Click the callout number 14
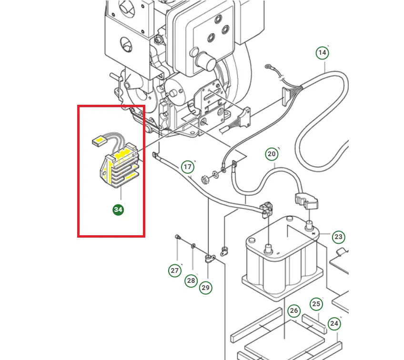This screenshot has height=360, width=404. [323, 52]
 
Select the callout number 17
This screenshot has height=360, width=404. [188, 167]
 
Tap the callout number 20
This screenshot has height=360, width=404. [272, 154]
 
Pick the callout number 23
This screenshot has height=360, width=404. [338, 237]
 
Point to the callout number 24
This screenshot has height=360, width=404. [334, 324]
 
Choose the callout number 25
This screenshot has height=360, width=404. [316, 303]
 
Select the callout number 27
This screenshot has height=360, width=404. [175, 271]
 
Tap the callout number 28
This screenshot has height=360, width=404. [191, 280]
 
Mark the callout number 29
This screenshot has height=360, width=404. [206, 288]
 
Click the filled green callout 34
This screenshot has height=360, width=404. [118, 210]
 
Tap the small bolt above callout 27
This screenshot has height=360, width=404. [177, 237]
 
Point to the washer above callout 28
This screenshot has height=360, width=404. [192, 246]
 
